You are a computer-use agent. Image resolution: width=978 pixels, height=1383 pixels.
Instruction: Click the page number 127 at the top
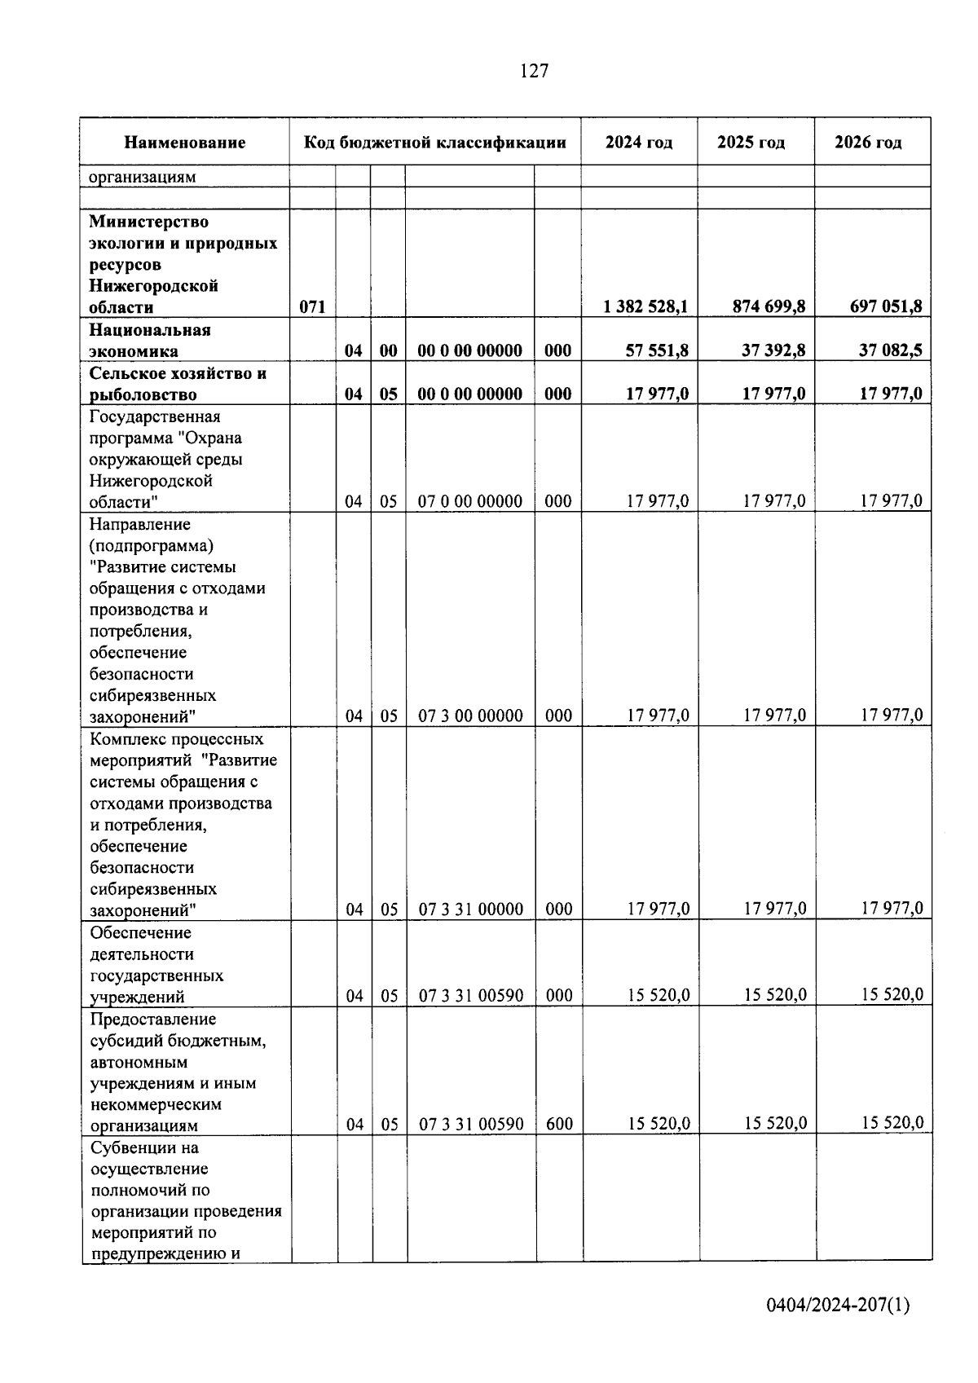click(534, 72)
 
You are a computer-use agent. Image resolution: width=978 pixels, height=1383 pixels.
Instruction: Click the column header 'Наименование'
click(185, 143)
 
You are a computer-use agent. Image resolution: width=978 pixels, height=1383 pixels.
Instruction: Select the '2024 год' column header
click(639, 143)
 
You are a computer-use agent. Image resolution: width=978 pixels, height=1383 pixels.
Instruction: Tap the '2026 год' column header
click(868, 143)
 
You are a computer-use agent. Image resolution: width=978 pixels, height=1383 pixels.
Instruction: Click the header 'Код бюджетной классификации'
click(435, 143)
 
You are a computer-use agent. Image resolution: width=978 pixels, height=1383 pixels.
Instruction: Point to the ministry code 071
click(312, 307)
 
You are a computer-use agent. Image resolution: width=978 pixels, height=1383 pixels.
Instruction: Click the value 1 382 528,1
click(645, 306)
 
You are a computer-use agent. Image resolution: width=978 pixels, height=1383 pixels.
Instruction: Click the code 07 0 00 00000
click(470, 501)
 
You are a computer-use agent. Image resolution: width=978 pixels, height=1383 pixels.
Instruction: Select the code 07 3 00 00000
click(470, 716)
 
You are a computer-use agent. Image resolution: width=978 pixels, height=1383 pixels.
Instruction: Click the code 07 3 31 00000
click(470, 910)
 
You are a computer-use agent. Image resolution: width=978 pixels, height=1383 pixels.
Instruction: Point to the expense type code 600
click(559, 1125)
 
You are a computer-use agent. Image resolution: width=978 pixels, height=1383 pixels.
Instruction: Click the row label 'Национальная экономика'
click(150, 341)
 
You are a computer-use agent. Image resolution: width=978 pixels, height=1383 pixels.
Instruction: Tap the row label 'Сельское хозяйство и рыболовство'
click(178, 384)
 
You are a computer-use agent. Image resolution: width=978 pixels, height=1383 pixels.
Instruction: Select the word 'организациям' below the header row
click(142, 177)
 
